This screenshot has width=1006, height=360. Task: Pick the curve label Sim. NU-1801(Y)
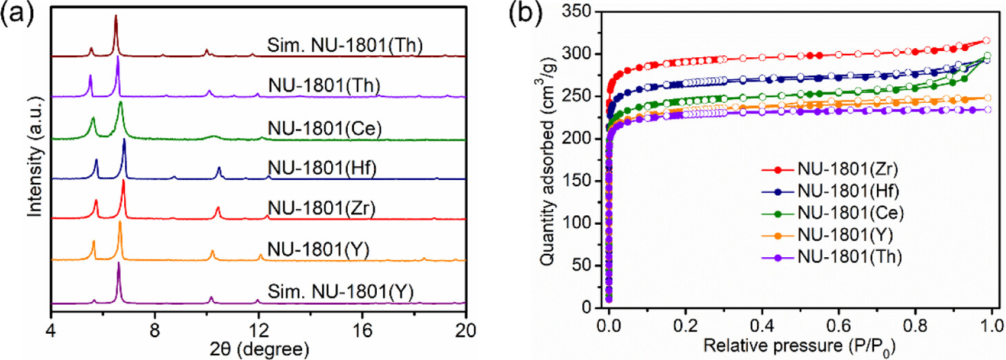(339, 291)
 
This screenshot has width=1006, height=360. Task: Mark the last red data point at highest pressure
(986, 41)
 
